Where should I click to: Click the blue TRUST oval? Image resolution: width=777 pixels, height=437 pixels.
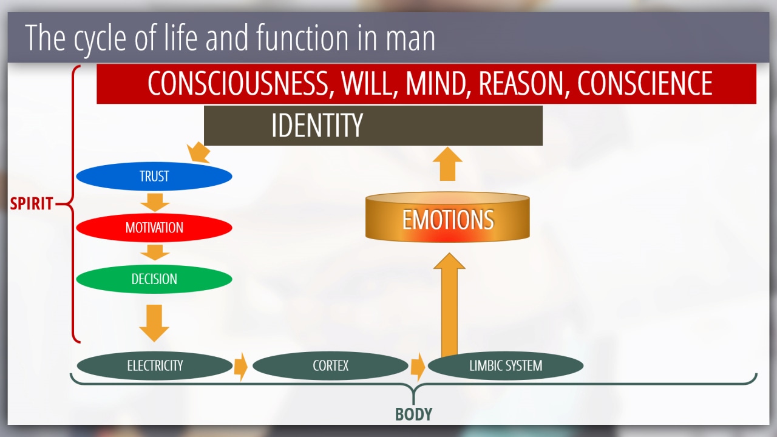tap(154, 176)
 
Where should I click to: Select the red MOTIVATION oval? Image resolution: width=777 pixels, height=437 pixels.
tap(154, 228)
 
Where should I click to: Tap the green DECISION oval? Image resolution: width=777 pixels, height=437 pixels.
tap(154, 279)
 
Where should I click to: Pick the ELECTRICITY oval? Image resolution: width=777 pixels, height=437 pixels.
tap(155, 365)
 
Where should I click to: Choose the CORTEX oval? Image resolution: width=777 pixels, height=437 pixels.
tap(330, 365)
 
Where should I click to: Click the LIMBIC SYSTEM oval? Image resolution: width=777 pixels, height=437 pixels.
tap(506, 365)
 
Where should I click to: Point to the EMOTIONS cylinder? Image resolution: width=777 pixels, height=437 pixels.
tap(447, 217)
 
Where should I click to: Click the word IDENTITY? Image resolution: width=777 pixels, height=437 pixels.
tap(317, 125)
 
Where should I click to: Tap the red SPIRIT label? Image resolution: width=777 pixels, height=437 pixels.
tap(31, 203)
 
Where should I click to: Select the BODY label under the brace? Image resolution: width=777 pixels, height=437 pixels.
tap(414, 414)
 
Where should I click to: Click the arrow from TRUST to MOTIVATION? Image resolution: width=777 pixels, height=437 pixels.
tap(155, 202)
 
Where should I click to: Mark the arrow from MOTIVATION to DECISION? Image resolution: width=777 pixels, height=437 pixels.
tap(155, 252)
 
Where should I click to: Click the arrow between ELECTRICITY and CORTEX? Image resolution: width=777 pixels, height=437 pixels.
tap(241, 367)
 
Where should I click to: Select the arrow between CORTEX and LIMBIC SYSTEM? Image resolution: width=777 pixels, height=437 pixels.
tap(418, 367)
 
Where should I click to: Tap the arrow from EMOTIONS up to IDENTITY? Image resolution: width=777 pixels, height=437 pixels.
tap(447, 164)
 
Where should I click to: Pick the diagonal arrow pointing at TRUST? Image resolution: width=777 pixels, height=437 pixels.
tap(198, 152)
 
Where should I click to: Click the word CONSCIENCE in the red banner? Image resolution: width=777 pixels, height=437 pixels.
tap(645, 83)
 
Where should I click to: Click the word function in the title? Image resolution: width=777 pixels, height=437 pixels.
tap(302, 37)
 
